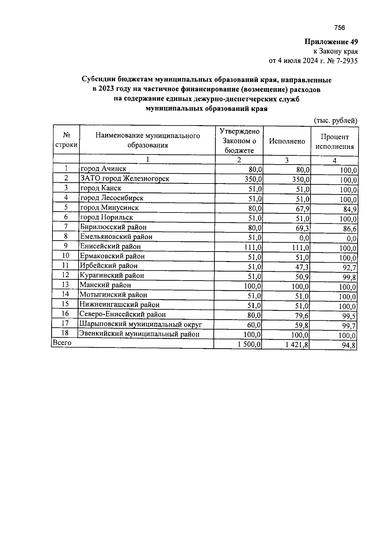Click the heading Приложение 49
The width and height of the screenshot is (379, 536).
tap(331, 42)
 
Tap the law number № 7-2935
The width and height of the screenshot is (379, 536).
tap(342, 61)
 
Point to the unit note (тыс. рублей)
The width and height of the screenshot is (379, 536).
tap(335, 121)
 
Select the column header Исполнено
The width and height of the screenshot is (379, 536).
tap(287, 141)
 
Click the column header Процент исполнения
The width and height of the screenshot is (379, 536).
tap(334, 142)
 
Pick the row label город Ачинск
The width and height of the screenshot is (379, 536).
tap(103, 169)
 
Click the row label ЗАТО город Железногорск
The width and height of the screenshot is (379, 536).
tap(125, 178)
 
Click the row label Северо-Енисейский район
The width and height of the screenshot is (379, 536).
tap(123, 314)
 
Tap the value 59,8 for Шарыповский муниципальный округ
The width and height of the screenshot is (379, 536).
tap(302, 325)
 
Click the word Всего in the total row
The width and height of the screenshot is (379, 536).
tap(62, 343)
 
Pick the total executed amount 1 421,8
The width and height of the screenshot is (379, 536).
tap(297, 345)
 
